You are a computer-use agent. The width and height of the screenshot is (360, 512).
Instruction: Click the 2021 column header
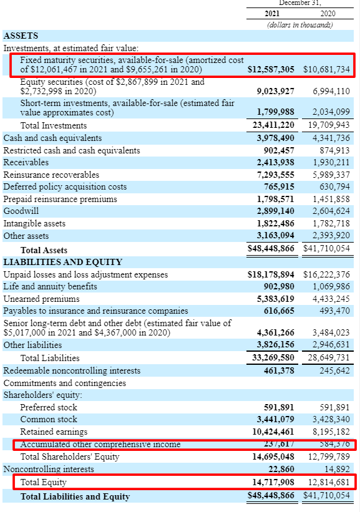pyautogui.click(x=272, y=14)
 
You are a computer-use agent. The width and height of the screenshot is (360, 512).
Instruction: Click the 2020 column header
pyautogui.click(x=327, y=14)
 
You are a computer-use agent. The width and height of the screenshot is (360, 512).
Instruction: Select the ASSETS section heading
pyautogui.click(x=21, y=36)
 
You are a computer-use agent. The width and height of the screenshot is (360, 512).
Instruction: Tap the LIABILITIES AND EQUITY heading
pyautogui.click(x=63, y=262)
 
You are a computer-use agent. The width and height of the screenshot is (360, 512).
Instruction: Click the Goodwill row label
pyautogui.click(x=21, y=211)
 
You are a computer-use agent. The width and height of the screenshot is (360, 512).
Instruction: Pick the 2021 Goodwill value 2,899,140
pyautogui.click(x=275, y=211)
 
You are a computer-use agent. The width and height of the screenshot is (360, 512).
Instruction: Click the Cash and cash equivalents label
pyautogui.click(x=52, y=138)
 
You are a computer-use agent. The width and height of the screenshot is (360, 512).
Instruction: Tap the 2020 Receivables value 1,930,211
pyautogui.click(x=331, y=162)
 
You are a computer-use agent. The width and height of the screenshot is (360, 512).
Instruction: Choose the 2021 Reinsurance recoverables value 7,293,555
pyautogui.click(x=275, y=175)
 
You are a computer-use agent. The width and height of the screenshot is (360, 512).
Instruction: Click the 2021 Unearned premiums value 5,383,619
pyautogui.click(x=275, y=298)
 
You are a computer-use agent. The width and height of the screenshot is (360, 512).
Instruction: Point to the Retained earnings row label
pyautogui.click(x=54, y=432)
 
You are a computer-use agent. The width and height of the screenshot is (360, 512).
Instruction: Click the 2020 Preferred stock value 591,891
pyautogui.click(x=333, y=407)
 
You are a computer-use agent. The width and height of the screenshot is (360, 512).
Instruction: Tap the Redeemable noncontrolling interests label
pyautogui.click(x=72, y=370)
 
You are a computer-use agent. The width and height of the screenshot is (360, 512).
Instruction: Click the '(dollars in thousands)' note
pyautogui.click(x=299, y=24)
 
